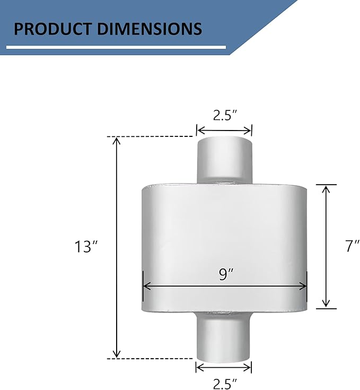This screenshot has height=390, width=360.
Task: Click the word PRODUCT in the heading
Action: (52, 29)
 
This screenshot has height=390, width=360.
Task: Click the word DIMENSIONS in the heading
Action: (150, 29)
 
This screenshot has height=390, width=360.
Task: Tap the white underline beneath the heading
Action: (116, 47)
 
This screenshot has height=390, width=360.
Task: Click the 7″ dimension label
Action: (353, 246)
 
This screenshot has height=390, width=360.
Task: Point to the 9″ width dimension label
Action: (226, 274)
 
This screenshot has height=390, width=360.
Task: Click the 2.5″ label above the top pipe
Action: (225, 115)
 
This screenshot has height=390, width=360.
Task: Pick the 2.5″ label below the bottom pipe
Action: (225, 383)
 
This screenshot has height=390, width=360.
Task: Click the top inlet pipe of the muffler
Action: (225, 160)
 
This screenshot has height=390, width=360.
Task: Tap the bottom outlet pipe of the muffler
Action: (224, 336)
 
